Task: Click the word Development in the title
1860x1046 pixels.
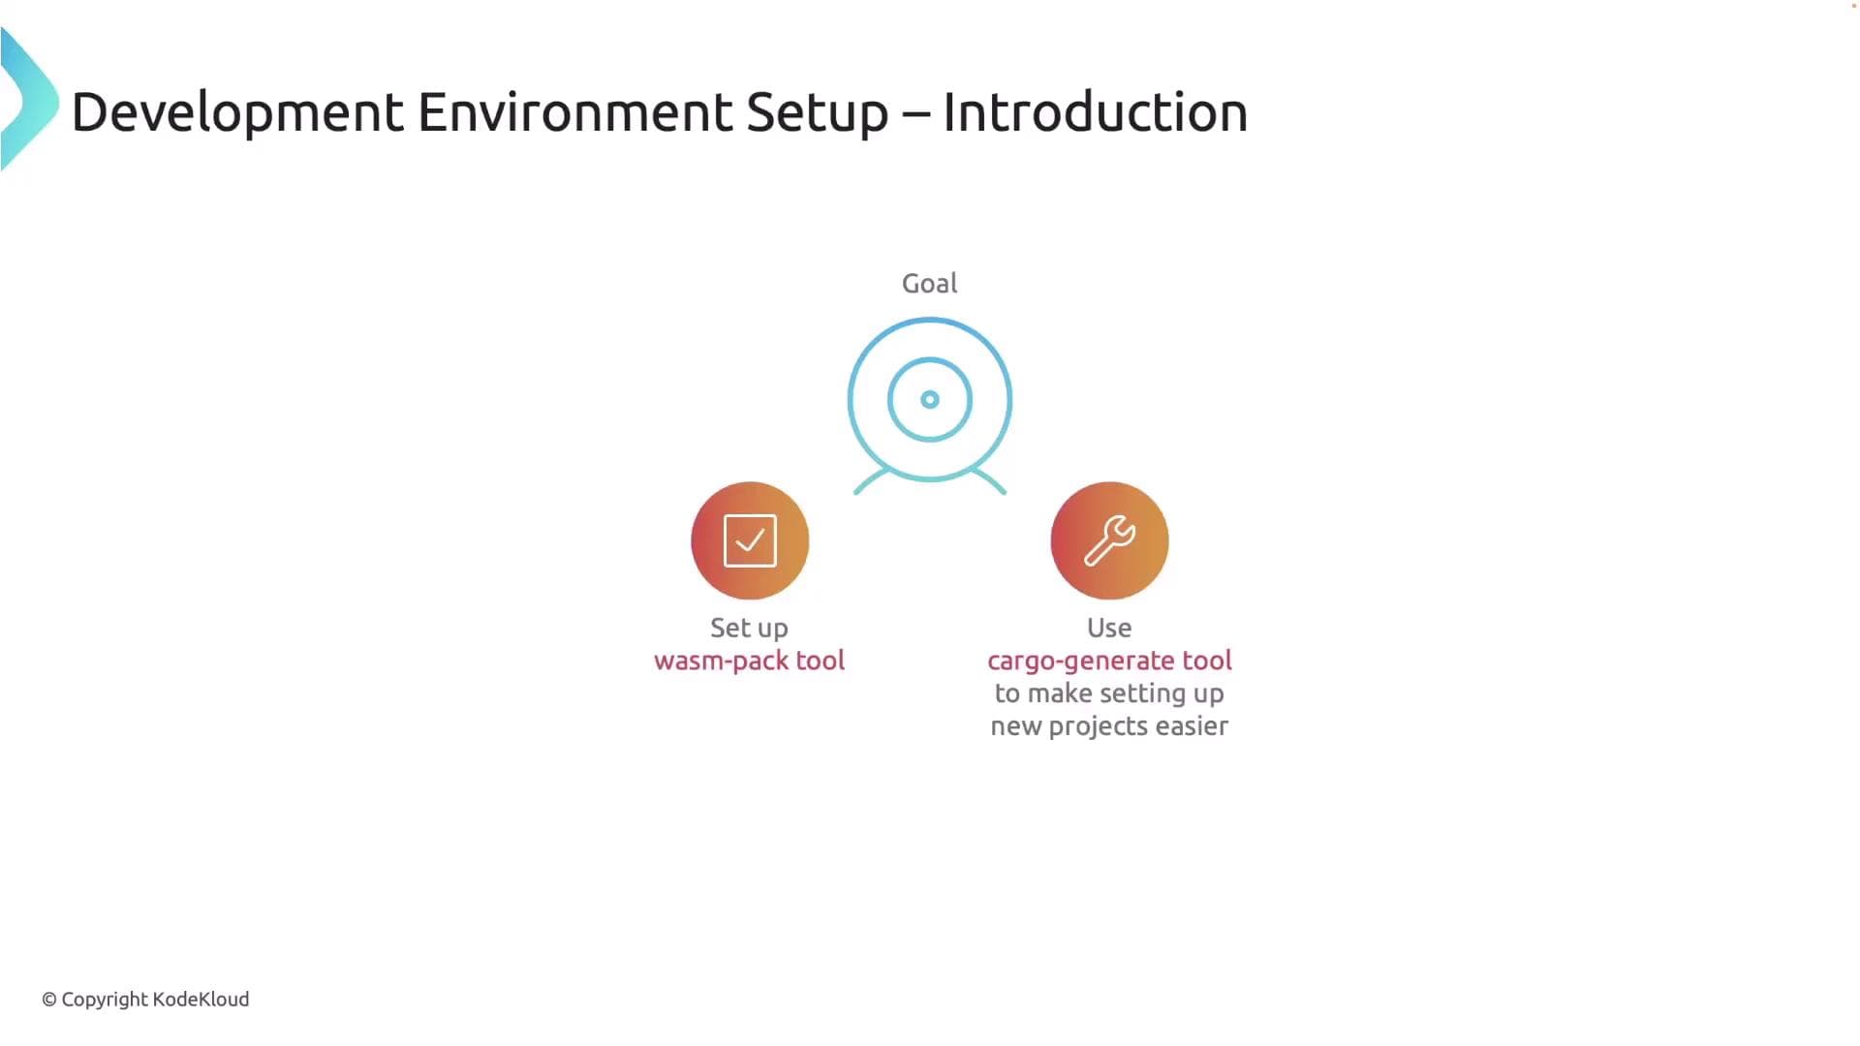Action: click(x=237, y=112)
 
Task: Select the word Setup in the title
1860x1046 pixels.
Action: click(x=817, y=112)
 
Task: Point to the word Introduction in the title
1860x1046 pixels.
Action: click(x=1095, y=112)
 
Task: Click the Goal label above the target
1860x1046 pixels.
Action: click(x=929, y=284)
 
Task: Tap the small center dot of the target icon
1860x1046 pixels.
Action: click(x=930, y=399)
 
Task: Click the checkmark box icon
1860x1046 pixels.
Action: click(x=750, y=540)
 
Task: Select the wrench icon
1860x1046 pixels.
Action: click(x=1109, y=540)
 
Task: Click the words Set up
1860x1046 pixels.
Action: click(x=749, y=628)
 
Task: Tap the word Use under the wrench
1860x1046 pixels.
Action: click(x=1109, y=628)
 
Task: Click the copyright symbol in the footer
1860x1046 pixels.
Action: click(x=49, y=1000)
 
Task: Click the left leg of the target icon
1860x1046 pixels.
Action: click(x=871, y=480)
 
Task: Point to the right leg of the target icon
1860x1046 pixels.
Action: click(x=989, y=480)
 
